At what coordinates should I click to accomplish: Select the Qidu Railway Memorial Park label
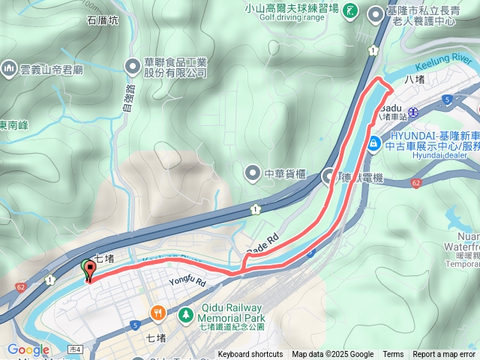point(232,313)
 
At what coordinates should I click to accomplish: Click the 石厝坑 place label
point(103,20)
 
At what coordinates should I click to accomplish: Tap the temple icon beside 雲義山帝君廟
point(10,67)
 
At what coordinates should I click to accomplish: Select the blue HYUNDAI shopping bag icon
point(373,142)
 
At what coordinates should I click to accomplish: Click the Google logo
point(28,349)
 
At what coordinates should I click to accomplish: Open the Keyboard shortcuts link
point(250,355)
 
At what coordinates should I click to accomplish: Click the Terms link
point(393,355)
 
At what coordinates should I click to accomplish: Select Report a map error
point(445,355)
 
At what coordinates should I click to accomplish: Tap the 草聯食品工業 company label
point(175,67)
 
